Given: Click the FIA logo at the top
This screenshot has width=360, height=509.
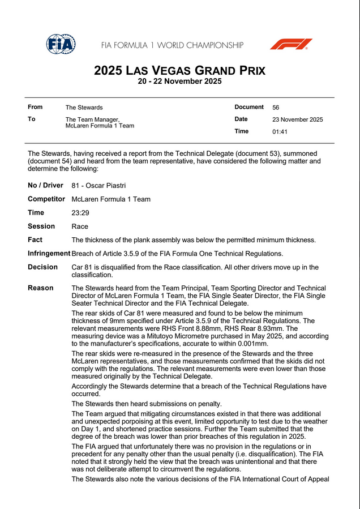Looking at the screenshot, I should point(61,44).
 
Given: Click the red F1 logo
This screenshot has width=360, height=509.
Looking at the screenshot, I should point(291,44).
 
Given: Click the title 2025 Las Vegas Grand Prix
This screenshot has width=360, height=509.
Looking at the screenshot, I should point(179,71).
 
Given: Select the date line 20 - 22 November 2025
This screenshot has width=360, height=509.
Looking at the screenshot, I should point(179,82).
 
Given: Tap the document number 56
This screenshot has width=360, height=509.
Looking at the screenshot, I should point(276,108).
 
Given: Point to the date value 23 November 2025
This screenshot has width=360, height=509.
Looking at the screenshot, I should point(297,119).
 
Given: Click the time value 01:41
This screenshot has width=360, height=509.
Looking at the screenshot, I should point(280,132).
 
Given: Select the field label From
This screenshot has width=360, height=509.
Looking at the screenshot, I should point(35,107).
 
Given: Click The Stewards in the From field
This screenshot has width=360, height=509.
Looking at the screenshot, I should point(84,108).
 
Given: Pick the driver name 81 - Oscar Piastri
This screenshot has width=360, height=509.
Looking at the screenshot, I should point(98,186).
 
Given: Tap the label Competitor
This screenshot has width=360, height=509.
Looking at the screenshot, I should point(46,199).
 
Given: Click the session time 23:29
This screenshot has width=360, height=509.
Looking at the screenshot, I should point(80,213).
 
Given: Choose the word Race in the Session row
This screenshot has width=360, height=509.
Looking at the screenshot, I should point(80,226).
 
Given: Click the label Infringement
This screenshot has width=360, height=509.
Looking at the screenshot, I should point(49,254).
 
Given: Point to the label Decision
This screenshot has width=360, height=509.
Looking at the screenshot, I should point(42,267).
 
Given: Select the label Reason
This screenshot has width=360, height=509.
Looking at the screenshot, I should point(41,288).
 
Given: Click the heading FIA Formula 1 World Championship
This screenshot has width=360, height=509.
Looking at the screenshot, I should point(172,45).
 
